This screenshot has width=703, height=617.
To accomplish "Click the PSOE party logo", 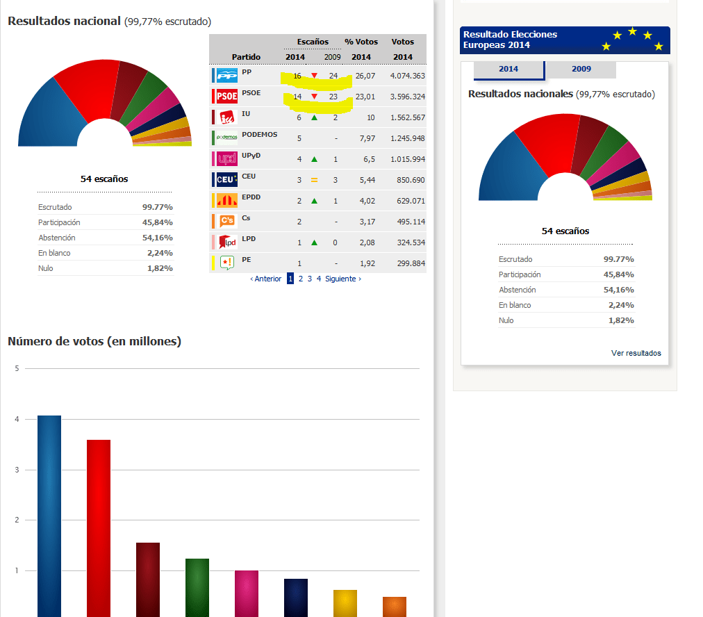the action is point(227,96).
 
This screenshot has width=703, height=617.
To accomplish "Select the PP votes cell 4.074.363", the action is point(408,76).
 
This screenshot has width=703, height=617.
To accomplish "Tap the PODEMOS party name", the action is point(260,135).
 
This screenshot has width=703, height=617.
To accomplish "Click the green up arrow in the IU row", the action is point(314,117).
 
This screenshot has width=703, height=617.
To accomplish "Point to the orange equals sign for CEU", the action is point(314,180).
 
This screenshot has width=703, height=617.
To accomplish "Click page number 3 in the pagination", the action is point(309,279).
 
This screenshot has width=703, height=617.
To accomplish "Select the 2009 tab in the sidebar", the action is point(581,69).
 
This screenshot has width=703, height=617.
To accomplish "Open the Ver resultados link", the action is point(636,353).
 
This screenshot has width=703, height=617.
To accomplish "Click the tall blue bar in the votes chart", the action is point(49,516).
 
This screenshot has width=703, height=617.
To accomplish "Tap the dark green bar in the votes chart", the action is point(197,587).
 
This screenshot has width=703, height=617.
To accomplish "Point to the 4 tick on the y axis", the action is point(17,419).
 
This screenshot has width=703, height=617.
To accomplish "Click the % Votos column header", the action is point(361,42).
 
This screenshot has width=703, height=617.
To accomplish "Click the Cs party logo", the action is point(227,221).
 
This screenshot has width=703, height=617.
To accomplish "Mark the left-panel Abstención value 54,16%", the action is point(158,238).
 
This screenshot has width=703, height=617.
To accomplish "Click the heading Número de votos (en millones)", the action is point(94,341).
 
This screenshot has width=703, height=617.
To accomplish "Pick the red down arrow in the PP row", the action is point(314,75).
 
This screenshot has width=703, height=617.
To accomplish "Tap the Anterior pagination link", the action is point(266,279).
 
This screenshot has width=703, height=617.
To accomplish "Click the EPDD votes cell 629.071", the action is point(411,201).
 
